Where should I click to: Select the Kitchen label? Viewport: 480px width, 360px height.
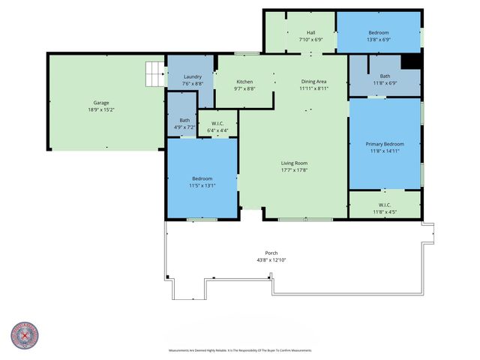click(244, 82)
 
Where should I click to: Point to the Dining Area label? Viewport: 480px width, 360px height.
click(313, 82)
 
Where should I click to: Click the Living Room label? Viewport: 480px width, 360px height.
click(294, 163)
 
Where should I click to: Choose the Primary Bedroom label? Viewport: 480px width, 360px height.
click(385, 144)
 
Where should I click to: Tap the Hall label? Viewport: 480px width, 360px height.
click(310, 32)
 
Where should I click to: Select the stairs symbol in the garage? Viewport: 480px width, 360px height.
click(154, 74)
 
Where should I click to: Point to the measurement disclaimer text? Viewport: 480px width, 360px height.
click(240, 350)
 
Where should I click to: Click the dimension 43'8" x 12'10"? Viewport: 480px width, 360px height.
click(271, 259)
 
